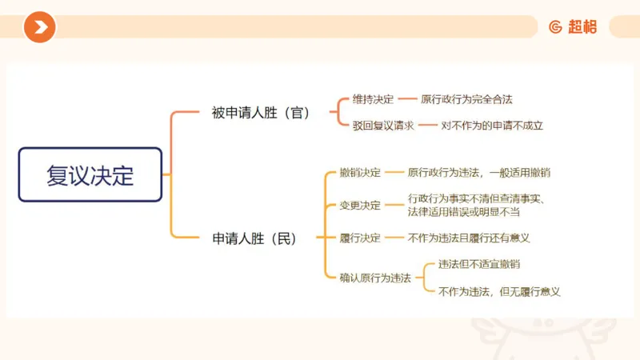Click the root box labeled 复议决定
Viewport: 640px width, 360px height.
(x=90, y=174)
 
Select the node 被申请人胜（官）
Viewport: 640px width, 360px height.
(x=261, y=113)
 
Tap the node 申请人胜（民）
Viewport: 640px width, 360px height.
(x=254, y=238)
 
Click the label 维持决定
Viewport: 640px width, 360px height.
(x=373, y=100)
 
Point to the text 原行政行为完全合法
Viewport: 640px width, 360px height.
(x=466, y=100)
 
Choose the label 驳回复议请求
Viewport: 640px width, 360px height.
(x=383, y=125)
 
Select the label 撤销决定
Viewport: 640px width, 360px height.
(x=360, y=172)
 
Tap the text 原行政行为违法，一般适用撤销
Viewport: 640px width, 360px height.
(x=478, y=172)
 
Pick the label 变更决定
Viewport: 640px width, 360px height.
(x=360, y=205)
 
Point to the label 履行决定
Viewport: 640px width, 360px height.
(x=360, y=238)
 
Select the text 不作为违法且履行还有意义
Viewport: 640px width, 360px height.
(x=469, y=238)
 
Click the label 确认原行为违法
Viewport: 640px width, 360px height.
(x=375, y=278)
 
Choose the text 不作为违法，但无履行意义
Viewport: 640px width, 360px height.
(x=499, y=291)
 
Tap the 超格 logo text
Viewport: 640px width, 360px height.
(x=582, y=27)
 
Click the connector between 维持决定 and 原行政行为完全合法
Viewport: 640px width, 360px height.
(x=407, y=100)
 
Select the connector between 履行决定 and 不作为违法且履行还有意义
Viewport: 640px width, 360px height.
(x=394, y=238)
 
